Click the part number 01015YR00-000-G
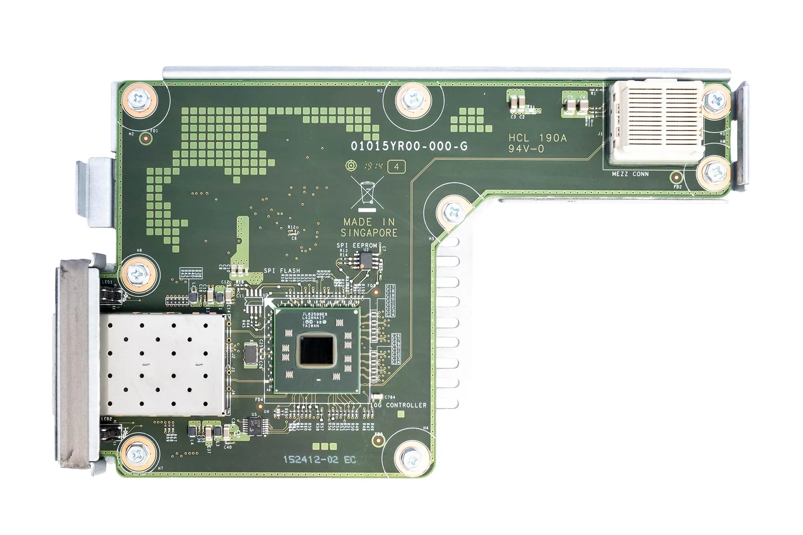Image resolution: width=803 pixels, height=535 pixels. [409, 146]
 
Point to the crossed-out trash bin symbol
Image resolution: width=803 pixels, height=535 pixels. [367, 193]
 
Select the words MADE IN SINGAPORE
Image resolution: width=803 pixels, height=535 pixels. [368, 227]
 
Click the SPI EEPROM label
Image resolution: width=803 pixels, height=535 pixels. [356, 245]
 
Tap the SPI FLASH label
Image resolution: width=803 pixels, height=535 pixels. [282, 271]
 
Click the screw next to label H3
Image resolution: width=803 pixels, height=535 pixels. [413, 100]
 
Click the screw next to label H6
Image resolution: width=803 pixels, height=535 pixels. [138, 274]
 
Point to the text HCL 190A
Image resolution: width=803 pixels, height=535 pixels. [537, 138]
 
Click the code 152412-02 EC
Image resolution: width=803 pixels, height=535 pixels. [320, 460]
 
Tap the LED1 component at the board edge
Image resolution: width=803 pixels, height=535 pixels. [111, 296]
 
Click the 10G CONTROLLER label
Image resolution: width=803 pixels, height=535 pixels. [399, 405]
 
